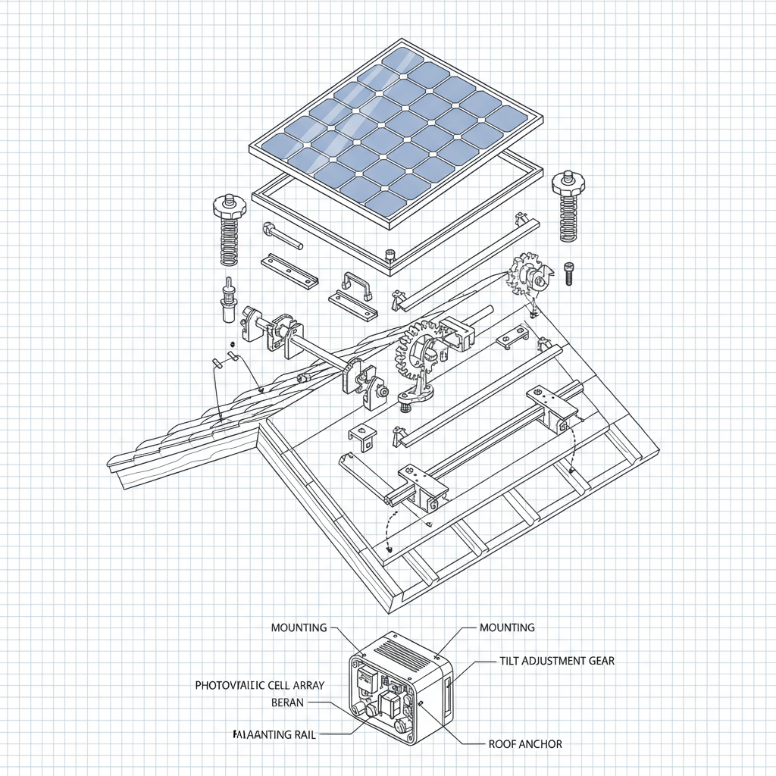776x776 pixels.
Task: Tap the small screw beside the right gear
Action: click(x=570, y=274)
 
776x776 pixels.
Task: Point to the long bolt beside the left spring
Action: click(x=283, y=236)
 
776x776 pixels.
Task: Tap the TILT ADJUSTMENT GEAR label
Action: click(x=557, y=661)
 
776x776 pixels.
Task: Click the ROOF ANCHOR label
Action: click(x=525, y=744)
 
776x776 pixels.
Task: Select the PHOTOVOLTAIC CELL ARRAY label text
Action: click(x=259, y=685)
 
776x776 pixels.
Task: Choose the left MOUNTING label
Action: click(x=299, y=627)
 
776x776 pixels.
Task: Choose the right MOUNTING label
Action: click(x=507, y=627)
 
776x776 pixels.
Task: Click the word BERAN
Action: click(x=287, y=702)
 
